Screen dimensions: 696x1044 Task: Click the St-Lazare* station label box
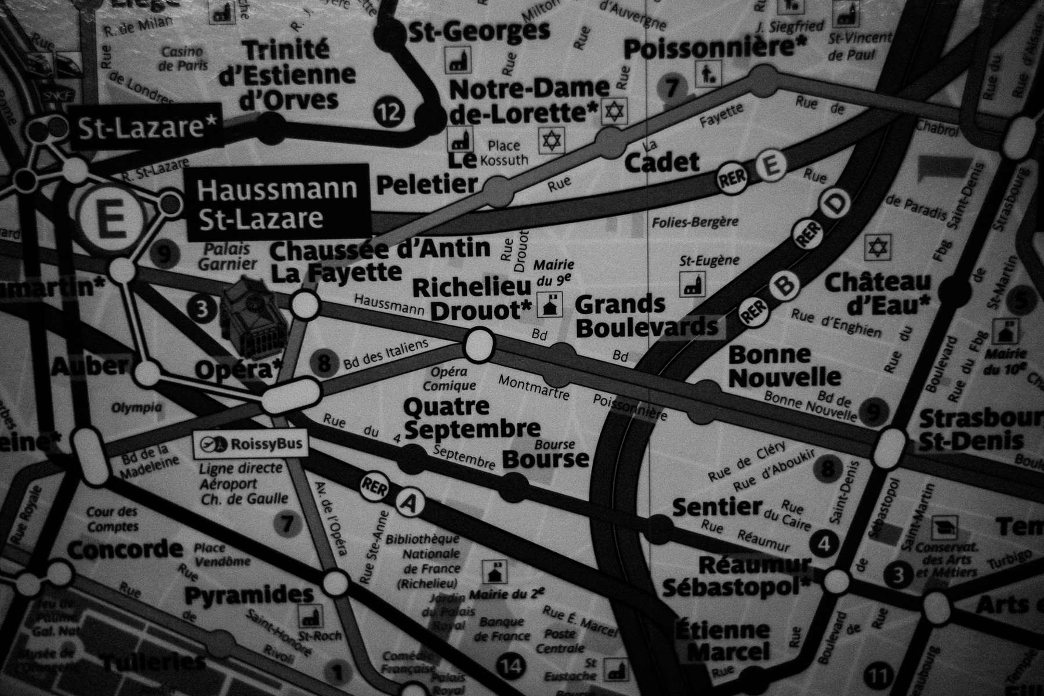pyautogui.click(x=145, y=128)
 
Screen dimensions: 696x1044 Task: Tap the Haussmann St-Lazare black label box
pyautogui.click(x=277, y=203)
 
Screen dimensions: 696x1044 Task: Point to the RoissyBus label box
pyautogui.click(x=250, y=444)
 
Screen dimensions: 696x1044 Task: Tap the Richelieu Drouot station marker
pyautogui.click(x=478, y=345)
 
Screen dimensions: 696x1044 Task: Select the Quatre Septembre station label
pyautogui.click(x=472, y=418)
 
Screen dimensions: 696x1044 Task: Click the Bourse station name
pyautogui.click(x=545, y=459)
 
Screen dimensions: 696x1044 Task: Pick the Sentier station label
pyautogui.click(x=716, y=507)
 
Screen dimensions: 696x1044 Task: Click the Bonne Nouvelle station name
pyautogui.click(x=784, y=366)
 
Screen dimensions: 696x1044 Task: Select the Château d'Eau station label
pyautogui.click(x=877, y=292)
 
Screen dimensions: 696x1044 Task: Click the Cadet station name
pyautogui.click(x=662, y=162)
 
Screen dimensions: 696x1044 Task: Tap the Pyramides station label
pyautogui.click(x=249, y=595)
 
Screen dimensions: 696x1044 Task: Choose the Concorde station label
pyautogui.click(x=125, y=549)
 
